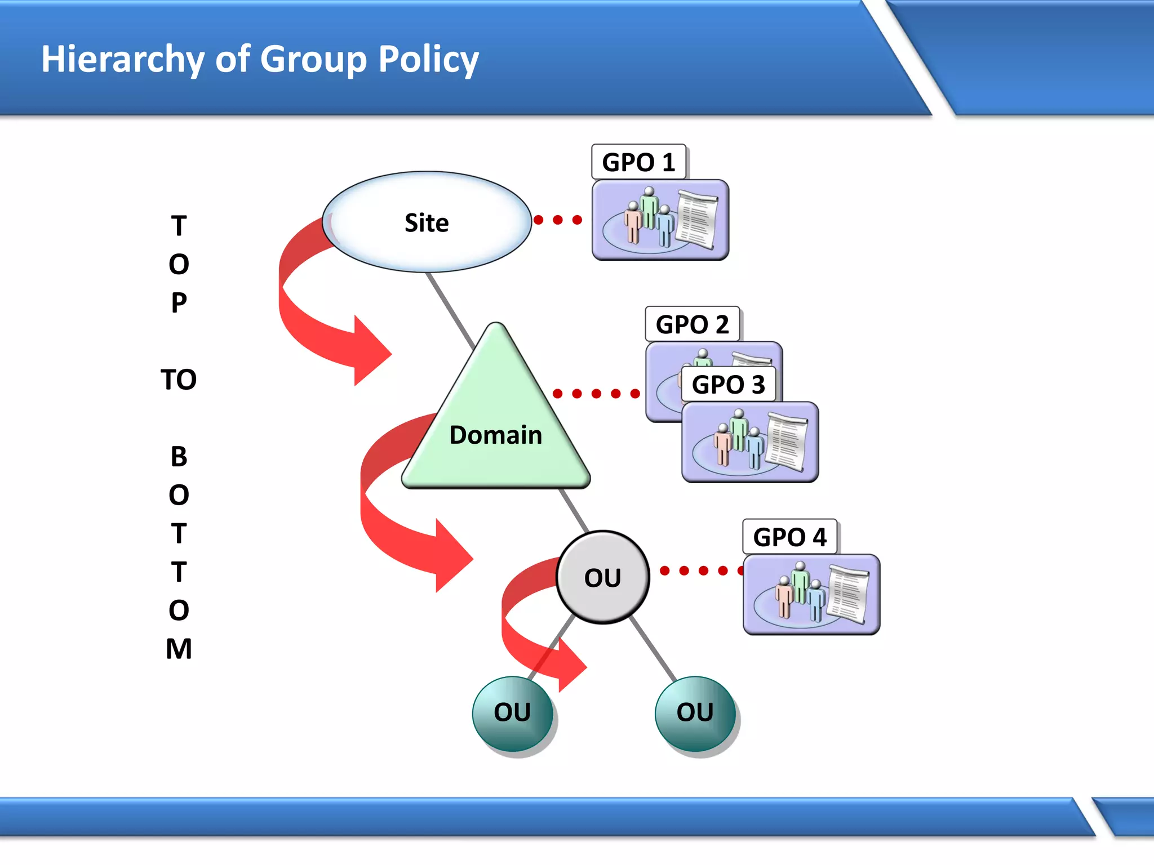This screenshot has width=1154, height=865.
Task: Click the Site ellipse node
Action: [x=427, y=222]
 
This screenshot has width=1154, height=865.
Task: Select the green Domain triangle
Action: [x=496, y=434]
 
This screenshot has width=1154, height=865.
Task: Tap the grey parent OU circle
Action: [x=602, y=577]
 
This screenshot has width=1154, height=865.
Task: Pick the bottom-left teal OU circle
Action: [x=512, y=713]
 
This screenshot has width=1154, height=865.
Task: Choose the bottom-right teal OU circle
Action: [x=695, y=713]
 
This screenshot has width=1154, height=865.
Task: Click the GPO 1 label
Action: [x=638, y=162]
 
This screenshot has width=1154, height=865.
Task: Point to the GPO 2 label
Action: [x=692, y=324]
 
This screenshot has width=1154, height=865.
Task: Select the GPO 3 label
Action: [x=728, y=385]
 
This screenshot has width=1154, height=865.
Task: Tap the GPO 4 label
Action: [x=789, y=537]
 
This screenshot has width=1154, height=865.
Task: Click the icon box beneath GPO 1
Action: [x=660, y=220]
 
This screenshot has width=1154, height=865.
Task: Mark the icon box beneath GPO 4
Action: [x=811, y=595]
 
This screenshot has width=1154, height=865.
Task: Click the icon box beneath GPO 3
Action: [x=749, y=442]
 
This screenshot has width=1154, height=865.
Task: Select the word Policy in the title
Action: [x=428, y=59]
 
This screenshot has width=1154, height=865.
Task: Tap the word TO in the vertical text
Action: [x=179, y=380]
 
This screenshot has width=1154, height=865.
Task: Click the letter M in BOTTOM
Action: [x=179, y=649]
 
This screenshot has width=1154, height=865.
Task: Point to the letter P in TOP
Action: [x=179, y=303]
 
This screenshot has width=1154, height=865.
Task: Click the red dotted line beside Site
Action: [x=558, y=220]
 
